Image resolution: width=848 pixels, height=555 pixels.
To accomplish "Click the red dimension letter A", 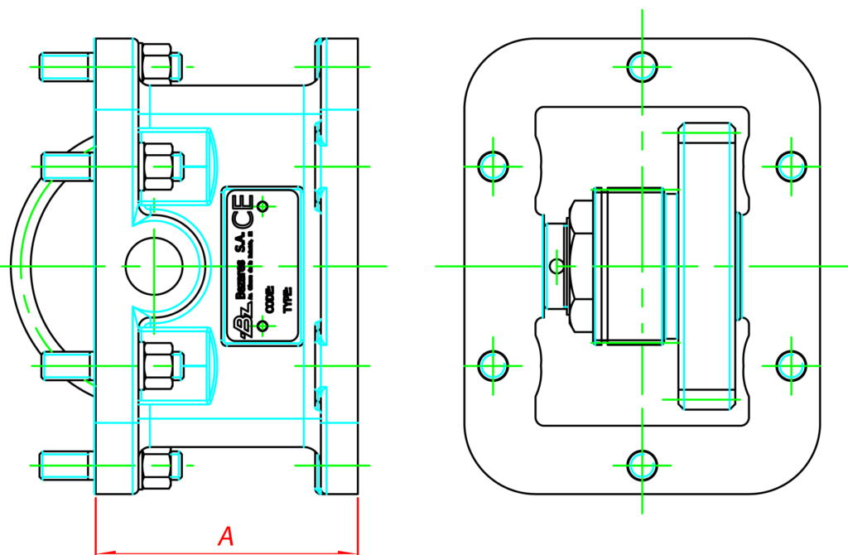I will click(225, 536).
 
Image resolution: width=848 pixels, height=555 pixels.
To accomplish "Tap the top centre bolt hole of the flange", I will click(642, 66).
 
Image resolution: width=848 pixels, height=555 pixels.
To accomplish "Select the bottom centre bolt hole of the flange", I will click(642, 466).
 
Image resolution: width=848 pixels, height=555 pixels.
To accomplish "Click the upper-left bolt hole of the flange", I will click(494, 166).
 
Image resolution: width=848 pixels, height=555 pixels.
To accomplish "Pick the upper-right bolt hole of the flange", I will click(791, 166).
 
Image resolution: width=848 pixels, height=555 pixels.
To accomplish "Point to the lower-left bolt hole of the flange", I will click(494, 365).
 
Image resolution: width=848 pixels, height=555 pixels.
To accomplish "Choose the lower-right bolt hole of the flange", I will click(791, 365).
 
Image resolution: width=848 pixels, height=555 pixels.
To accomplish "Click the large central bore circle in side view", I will click(154, 266).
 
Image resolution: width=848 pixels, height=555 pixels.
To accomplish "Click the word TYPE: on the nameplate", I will click(287, 299).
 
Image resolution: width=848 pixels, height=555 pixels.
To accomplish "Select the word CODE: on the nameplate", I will click(269, 299).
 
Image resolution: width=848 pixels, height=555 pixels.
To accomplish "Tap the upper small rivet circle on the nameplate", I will click(263, 205).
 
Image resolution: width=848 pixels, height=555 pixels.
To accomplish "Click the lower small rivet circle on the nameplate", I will click(263, 326).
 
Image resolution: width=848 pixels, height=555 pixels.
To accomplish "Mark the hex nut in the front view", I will click(580, 266).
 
